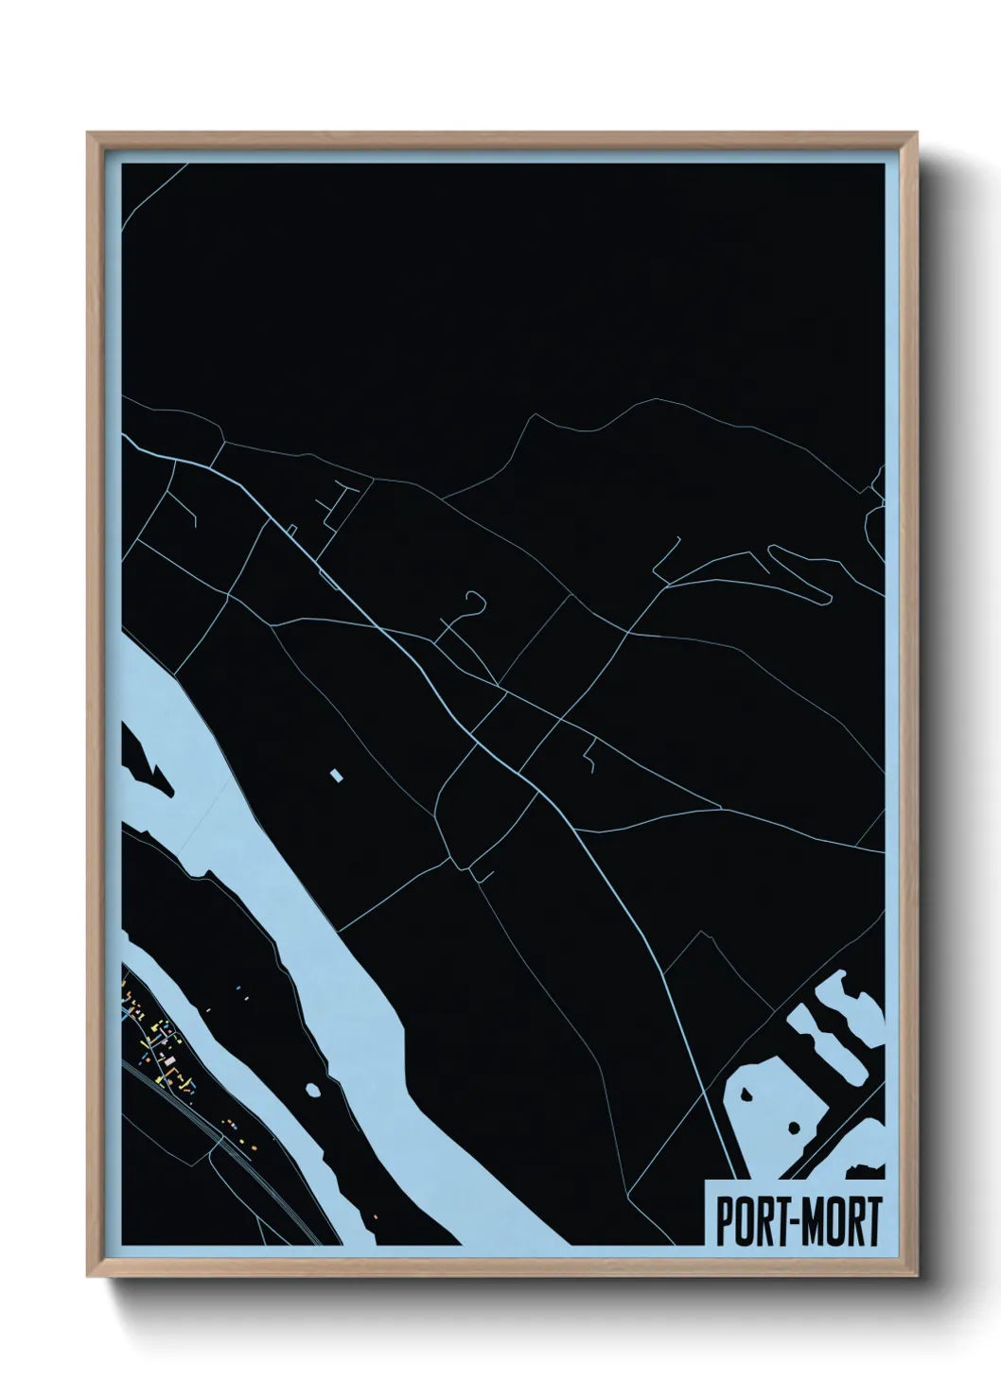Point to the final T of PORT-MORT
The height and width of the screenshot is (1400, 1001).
point(873,1221)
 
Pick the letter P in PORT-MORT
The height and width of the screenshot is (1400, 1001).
point(723,1221)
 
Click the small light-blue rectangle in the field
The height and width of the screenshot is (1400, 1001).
point(334,776)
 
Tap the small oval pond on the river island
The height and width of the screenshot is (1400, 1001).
point(314,1089)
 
